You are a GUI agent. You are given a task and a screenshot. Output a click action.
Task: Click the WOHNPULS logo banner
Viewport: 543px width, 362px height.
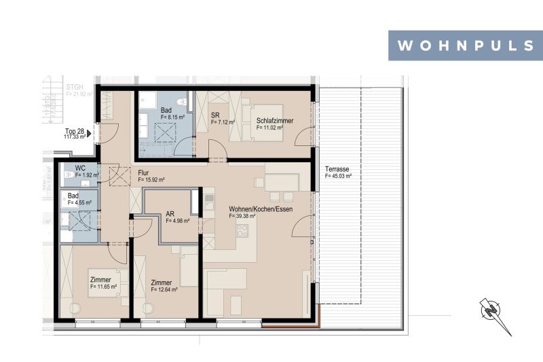coord(465,46)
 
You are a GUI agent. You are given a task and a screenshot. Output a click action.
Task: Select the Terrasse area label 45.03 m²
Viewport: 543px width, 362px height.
coord(338,171)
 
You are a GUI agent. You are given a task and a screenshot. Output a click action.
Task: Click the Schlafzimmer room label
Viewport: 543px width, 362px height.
coord(275,124)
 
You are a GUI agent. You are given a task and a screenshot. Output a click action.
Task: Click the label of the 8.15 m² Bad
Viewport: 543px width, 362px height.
coord(172,113)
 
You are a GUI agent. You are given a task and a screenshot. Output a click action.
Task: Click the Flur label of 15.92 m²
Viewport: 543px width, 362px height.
coord(150,176)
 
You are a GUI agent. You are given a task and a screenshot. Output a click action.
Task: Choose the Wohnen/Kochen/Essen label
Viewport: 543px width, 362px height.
coord(260,212)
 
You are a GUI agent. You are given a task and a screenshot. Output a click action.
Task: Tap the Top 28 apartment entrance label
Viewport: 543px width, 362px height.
coord(75,133)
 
